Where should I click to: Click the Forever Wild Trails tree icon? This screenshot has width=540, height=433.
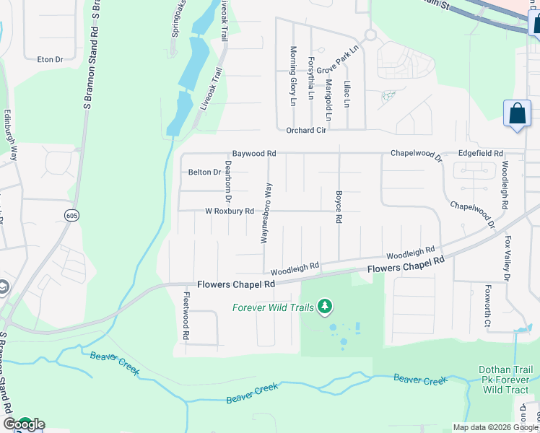point(325,307)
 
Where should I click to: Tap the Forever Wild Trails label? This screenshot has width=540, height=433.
point(273,307)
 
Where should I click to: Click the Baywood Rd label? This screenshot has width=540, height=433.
point(254,154)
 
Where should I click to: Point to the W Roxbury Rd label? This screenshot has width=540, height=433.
point(230,211)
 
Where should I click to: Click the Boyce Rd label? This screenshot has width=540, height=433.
point(338,206)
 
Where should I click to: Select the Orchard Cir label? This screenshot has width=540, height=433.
point(306,131)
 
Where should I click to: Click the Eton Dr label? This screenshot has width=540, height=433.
point(51,59)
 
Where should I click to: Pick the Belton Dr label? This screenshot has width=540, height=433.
point(204,172)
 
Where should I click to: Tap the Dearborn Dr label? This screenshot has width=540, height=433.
point(228,180)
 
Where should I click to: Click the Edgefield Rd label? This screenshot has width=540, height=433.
point(480,154)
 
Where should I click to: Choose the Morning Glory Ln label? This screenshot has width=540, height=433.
point(293,76)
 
